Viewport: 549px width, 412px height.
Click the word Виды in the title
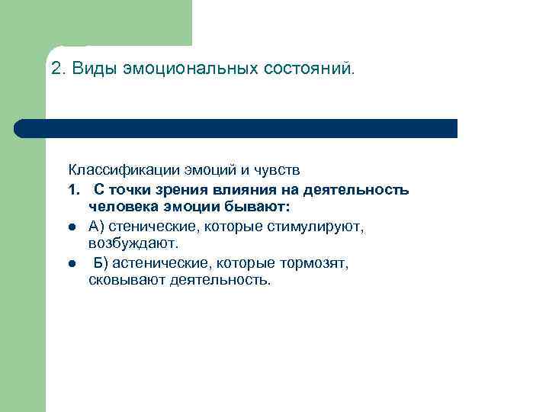pos(91,69)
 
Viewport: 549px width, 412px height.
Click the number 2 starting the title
pos(56,69)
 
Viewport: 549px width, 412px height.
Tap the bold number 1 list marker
pos(72,189)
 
